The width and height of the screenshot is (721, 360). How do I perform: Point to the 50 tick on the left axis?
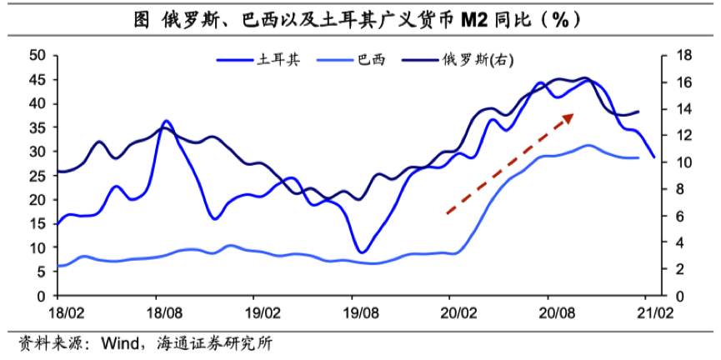pyautogui.click(x=36, y=55)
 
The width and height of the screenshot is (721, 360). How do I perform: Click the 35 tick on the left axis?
pyautogui.click(x=36, y=127)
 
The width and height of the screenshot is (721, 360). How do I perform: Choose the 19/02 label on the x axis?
pyautogui.click(x=260, y=313)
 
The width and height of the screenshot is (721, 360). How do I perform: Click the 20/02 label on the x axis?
pyautogui.click(x=450, y=313)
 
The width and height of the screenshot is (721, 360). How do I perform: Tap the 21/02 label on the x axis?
pyautogui.click(x=653, y=313)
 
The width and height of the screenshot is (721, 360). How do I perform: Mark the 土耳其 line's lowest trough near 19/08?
pyautogui.click(x=360, y=252)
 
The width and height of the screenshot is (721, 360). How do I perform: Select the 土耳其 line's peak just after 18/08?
pyautogui.click(x=165, y=122)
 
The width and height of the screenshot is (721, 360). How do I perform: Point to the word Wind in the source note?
pyautogui.click(x=118, y=342)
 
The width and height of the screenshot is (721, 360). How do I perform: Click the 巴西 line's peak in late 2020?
pyautogui.click(x=588, y=145)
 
